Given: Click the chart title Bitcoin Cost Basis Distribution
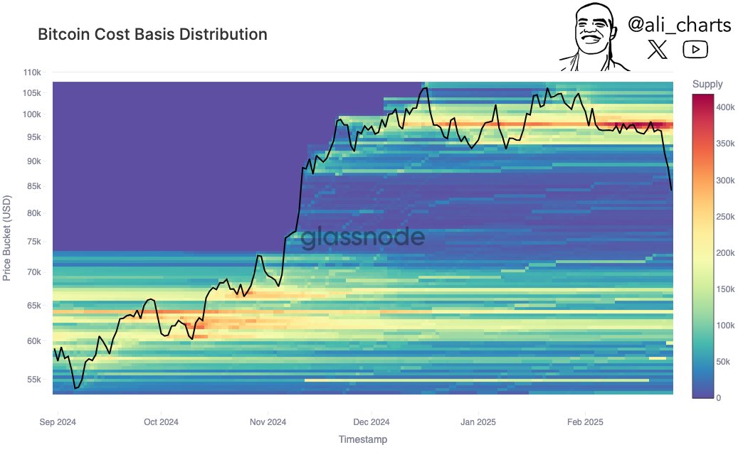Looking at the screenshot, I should [x=152, y=34].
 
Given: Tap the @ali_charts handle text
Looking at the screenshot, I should [x=679, y=25].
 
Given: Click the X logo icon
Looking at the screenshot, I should [x=658, y=50].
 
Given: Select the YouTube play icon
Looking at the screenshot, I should [x=695, y=49].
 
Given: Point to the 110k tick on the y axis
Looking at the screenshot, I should [x=33, y=72].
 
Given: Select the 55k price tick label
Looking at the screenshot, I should [x=35, y=380].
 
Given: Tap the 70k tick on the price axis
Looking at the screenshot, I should [x=35, y=272].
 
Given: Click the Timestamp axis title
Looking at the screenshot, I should [x=363, y=440].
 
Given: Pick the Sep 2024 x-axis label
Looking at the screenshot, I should [x=57, y=421].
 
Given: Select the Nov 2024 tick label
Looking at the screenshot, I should [x=268, y=421].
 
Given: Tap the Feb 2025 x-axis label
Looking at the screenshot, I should [x=585, y=421].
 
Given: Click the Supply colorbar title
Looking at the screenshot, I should [x=707, y=85].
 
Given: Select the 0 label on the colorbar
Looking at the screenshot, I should [x=719, y=397].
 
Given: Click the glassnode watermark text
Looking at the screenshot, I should [x=363, y=238].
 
